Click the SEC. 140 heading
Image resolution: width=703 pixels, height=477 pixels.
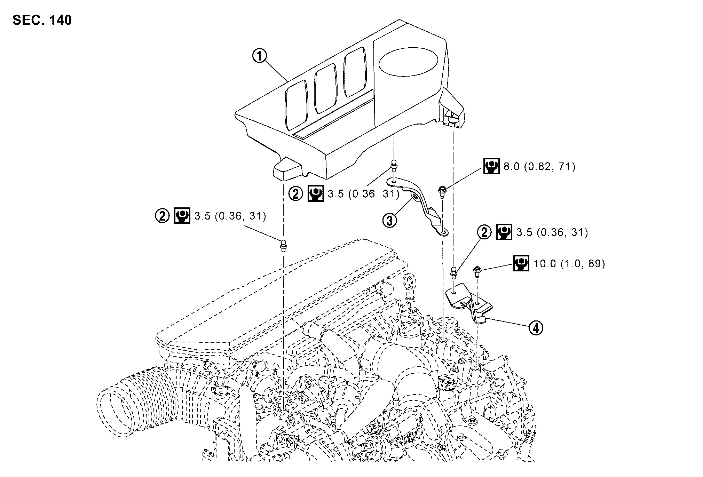[42, 20]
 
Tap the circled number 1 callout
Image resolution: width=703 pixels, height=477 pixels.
[260, 56]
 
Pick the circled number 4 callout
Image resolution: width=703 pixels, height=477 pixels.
[536, 327]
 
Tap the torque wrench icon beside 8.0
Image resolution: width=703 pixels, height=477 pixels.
[491, 167]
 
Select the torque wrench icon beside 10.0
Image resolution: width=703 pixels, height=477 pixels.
[521, 263]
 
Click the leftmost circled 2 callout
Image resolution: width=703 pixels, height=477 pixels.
[162, 216]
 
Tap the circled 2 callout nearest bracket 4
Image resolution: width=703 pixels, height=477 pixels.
[484, 232]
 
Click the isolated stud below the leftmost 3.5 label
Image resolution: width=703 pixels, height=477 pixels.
[284, 245]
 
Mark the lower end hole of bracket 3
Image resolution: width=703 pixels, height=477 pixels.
[443, 231]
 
